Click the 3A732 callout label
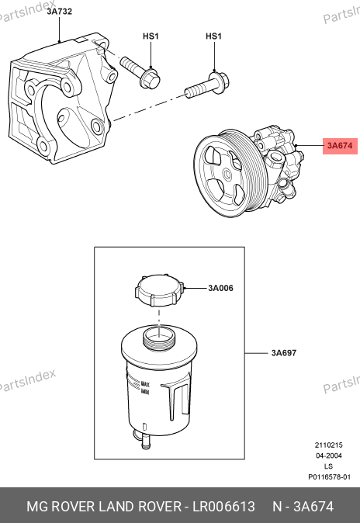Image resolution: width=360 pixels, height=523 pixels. click(x=60, y=12)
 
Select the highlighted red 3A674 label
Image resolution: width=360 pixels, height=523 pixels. click(x=340, y=146)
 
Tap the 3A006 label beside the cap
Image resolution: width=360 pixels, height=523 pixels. click(x=220, y=288)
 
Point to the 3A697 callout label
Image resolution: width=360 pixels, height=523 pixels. click(x=284, y=353)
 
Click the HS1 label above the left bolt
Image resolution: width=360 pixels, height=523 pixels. click(x=151, y=36)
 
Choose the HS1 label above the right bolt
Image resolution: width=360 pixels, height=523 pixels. click(x=213, y=36)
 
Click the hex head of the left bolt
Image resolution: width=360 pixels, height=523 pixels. click(x=151, y=79)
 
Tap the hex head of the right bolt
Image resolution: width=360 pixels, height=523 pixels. click(x=220, y=81)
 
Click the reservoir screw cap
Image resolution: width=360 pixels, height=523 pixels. click(x=159, y=290)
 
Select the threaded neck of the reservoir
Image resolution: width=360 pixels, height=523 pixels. click(x=159, y=337)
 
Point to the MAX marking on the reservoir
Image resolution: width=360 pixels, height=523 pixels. click(x=145, y=384)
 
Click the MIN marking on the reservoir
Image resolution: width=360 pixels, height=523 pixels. click(x=145, y=391)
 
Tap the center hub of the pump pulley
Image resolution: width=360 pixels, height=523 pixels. click(x=227, y=174)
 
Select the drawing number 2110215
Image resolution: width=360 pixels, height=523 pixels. click(x=329, y=445)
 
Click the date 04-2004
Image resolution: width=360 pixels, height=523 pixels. click(x=329, y=455)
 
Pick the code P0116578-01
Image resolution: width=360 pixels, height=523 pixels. click(x=329, y=477)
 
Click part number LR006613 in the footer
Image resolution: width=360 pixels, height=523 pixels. click(x=224, y=507)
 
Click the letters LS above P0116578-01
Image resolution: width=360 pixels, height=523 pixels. click(x=329, y=466)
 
